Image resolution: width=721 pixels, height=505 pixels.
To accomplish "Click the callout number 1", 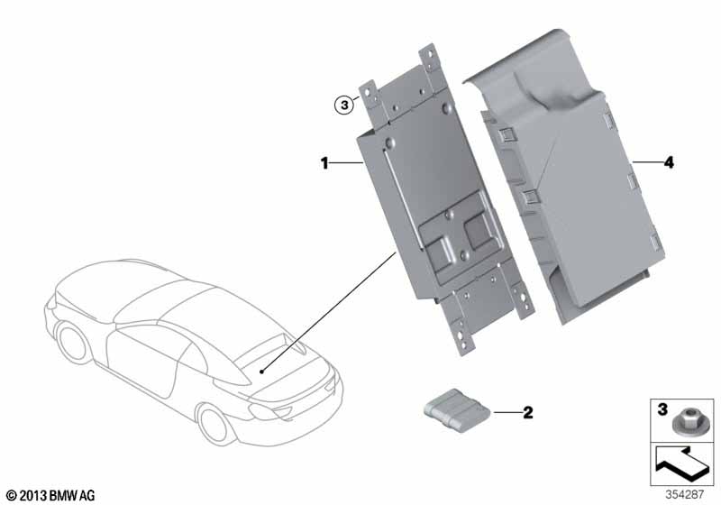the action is click(324, 163).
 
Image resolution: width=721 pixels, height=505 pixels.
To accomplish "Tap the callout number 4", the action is click(669, 162).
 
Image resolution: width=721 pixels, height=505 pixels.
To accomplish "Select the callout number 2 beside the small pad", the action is click(528, 412).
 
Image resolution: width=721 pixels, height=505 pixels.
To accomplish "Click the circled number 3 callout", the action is click(344, 106).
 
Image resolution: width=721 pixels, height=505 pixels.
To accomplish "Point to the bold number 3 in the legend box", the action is click(662, 409).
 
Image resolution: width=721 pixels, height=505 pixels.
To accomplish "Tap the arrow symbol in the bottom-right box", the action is click(684, 464).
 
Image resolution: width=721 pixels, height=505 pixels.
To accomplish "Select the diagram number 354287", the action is click(685, 495).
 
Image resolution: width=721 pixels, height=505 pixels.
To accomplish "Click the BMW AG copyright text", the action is click(51, 495).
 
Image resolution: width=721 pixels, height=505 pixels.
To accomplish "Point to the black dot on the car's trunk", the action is click(261, 372).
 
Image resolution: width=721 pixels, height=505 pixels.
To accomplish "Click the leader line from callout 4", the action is click(647, 162).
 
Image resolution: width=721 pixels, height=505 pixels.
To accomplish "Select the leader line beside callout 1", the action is click(347, 163).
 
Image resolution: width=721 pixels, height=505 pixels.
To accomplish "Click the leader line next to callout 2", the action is click(507, 412).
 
